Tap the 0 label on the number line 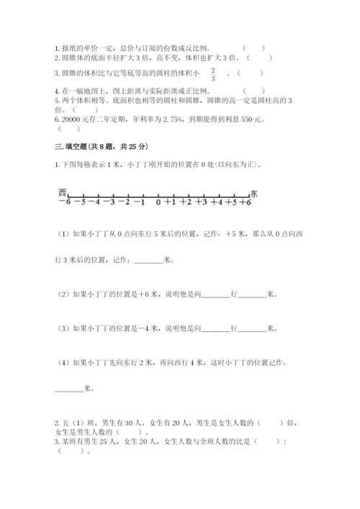(158, 204)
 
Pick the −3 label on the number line (109, 204)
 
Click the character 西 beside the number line (63, 192)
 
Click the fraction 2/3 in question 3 (214, 74)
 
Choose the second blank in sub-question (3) (251, 329)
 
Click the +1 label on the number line (171, 204)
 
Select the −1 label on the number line (142, 204)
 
